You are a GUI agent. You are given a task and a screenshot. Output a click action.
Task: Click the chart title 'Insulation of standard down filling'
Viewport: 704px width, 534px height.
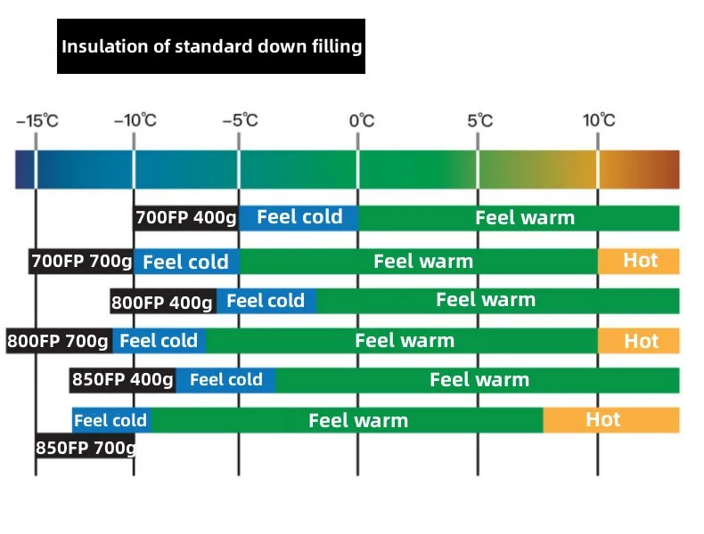pos(211,46)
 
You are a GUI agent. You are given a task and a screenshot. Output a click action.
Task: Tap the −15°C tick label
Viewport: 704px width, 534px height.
pos(37,120)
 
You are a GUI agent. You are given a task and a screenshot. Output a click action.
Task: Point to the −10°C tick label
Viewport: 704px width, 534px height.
pos(135,120)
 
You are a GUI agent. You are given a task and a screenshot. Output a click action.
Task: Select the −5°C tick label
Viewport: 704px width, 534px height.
pos(239,120)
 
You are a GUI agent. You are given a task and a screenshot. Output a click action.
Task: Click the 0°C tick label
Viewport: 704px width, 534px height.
pos(361,120)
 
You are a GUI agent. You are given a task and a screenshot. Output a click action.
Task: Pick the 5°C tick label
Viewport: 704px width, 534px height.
pos(479,120)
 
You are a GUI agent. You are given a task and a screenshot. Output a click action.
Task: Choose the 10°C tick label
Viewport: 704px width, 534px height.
pos(599,120)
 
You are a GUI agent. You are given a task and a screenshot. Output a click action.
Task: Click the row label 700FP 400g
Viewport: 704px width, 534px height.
pos(186,217)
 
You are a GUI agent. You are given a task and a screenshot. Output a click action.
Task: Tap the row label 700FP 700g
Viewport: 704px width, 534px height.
pos(82,262)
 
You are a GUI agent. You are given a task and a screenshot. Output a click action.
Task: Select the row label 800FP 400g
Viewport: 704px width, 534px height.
pos(162,303)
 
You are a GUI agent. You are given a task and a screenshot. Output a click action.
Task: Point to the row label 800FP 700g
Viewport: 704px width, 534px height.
pos(58,340)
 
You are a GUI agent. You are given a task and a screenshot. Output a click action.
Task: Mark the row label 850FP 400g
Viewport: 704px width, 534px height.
pos(123,380)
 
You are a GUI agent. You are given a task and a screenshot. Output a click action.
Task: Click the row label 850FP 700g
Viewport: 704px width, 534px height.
pos(86,447)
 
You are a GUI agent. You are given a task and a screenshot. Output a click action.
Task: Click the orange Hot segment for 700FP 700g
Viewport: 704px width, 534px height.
pos(639,261)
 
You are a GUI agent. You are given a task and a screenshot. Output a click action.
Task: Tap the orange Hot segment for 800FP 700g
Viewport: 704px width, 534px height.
pos(639,340)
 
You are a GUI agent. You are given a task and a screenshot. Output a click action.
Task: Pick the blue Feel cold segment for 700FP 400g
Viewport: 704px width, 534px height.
pos(299,217)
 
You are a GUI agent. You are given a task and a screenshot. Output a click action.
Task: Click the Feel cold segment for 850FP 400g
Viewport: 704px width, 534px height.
pos(225,380)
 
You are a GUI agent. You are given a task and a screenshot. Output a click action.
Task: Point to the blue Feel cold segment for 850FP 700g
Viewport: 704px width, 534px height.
pos(111,420)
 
